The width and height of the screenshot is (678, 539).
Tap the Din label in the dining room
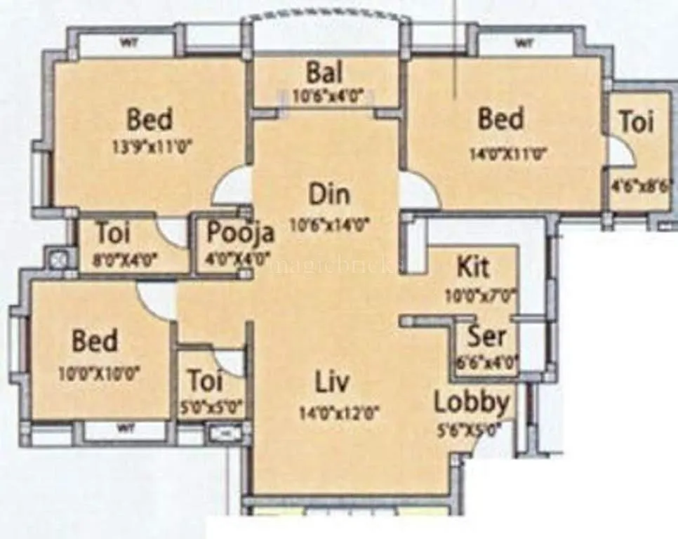click(x=329, y=194)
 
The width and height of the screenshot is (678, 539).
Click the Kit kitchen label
click(x=473, y=267)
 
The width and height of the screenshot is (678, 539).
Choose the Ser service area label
click(x=487, y=336)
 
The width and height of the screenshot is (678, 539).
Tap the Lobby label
click(x=471, y=403)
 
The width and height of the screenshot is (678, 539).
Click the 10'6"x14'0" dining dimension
click(x=329, y=225)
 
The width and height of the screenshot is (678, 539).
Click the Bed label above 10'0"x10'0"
click(x=95, y=342)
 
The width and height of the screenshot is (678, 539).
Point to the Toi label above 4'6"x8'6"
click(x=637, y=122)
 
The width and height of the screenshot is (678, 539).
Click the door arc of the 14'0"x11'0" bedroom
click(x=419, y=191)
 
